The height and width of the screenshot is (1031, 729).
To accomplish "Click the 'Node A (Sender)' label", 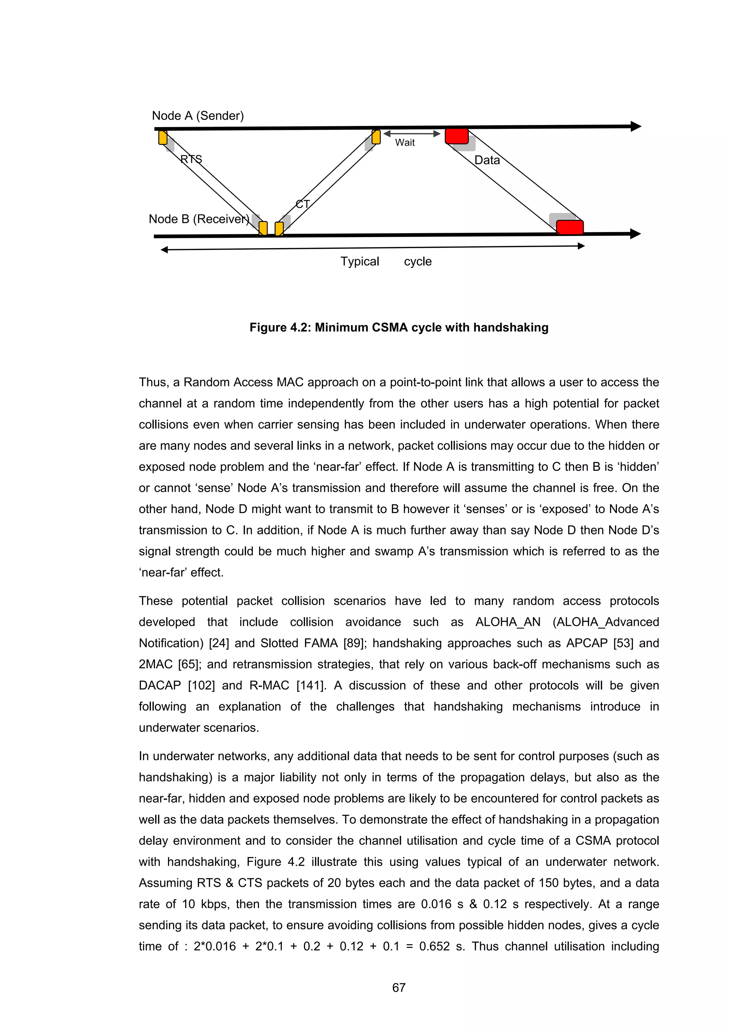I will pos(198,116).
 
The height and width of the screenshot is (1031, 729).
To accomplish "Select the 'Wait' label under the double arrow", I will pos(404,143).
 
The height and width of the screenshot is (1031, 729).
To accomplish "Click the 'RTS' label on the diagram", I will pos(191,159).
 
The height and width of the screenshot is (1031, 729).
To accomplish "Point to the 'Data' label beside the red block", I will pos(487,160).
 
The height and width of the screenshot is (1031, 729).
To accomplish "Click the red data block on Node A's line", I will pos(457,136).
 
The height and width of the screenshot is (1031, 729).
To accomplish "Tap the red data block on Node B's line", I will pos(569,227).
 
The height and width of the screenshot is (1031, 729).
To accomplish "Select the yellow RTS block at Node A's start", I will pos(163,137).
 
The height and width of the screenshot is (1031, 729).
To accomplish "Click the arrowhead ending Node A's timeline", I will pos(636,127).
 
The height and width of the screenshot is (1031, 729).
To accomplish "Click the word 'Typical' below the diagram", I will pos(360,261).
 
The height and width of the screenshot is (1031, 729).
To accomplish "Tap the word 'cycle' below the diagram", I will pos(418,261).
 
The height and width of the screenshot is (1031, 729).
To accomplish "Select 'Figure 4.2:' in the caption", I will pos(280,328).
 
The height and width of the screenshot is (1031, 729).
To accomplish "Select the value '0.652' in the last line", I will pos(434,946).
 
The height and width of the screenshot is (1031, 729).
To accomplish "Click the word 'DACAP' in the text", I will pos(159,685).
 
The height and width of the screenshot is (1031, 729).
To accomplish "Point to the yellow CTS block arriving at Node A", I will pos(376,137).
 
